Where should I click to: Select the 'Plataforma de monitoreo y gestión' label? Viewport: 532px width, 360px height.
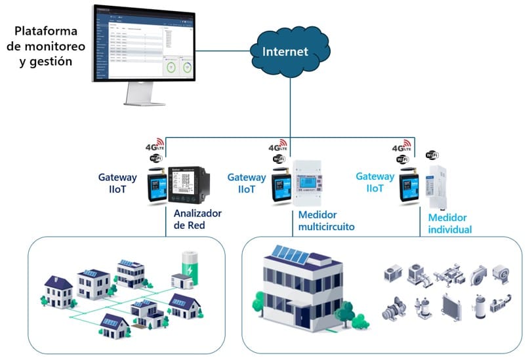tap(45, 46)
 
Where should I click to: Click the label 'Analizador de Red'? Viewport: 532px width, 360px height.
tap(197, 220)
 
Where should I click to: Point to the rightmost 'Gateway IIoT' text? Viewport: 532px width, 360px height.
tap(375, 183)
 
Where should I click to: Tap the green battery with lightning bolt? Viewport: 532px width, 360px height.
tap(189, 266)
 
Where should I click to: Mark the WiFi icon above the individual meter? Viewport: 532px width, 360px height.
tap(432, 155)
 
